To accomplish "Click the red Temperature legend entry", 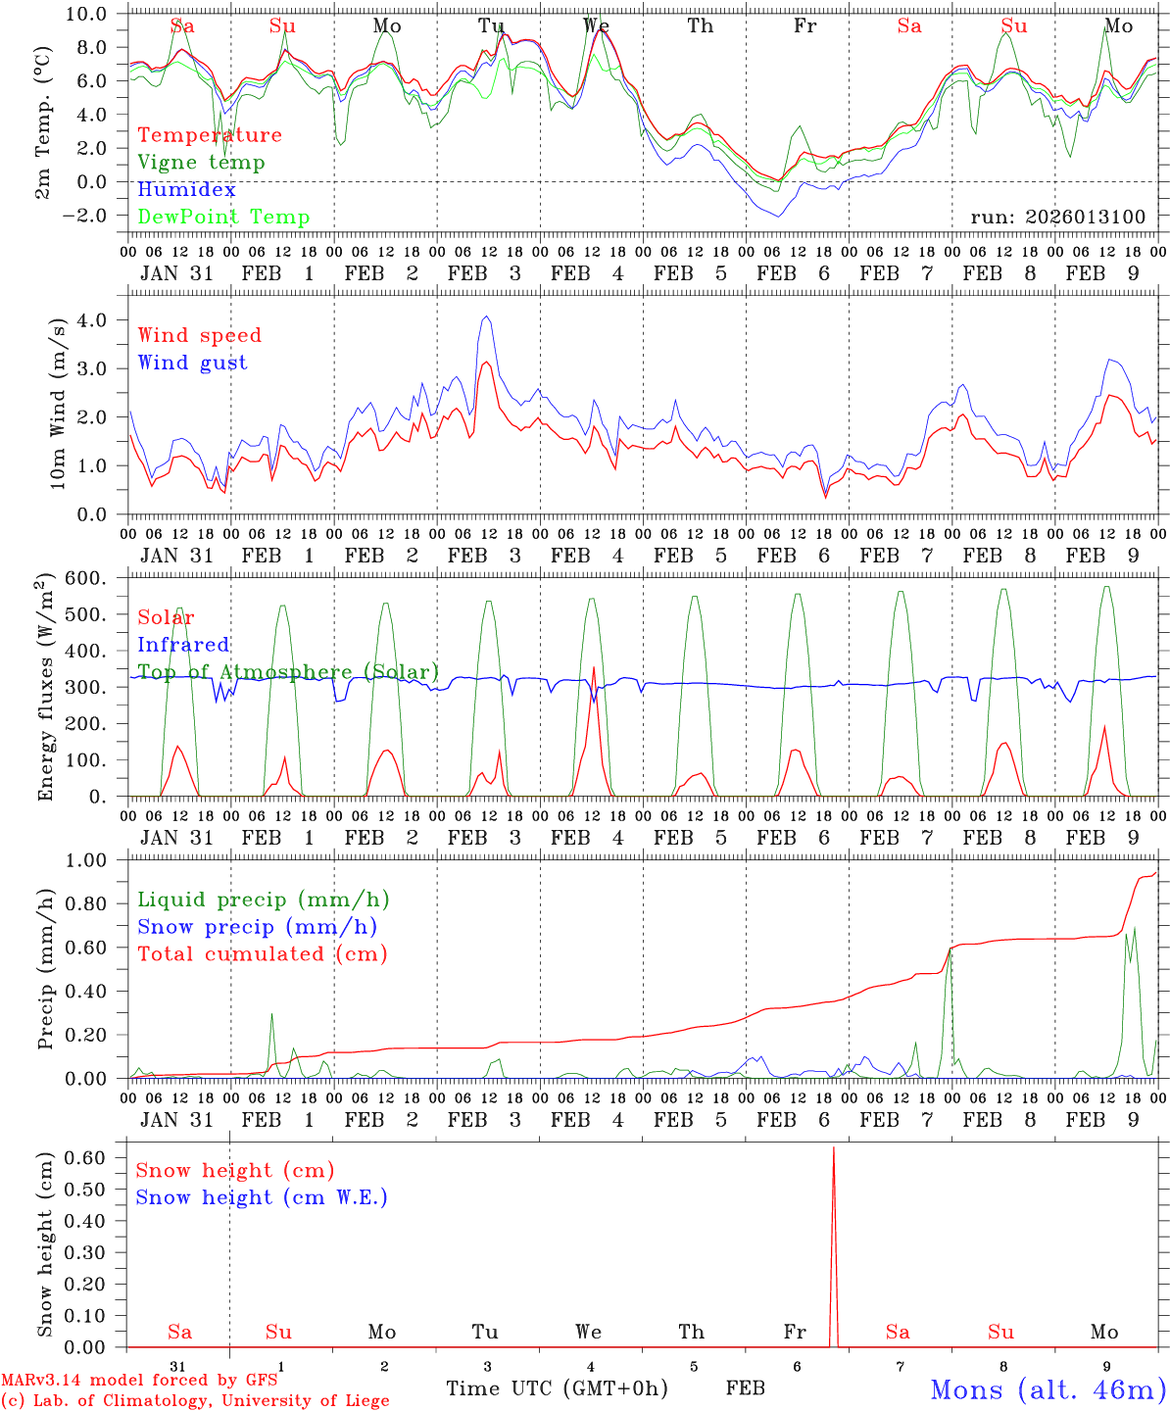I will pyautogui.click(x=210, y=135).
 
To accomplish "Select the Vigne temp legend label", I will pyautogui.click(x=201, y=163).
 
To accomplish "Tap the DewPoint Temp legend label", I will pyautogui.click(x=223, y=218).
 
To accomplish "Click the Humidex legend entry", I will pyautogui.click(x=186, y=190).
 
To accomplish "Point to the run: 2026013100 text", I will pyautogui.click(x=1057, y=217).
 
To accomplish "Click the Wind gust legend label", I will pyautogui.click(x=192, y=363).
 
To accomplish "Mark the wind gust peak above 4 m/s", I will pyautogui.click(x=486, y=317).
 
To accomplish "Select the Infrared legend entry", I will pyautogui.click(x=183, y=645).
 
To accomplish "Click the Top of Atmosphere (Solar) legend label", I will pyautogui.click(x=288, y=672).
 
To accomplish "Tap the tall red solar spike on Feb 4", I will pyautogui.click(x=594, y=668).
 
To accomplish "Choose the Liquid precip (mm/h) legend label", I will pyautogui.click(x=264, y=900).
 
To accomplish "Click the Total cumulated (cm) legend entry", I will pyautogui.click(x=262, y=953).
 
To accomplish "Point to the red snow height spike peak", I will pyautogui.click(x=833, y=1147).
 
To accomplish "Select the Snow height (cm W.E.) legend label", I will pyautogui.click(x=262, y=1197).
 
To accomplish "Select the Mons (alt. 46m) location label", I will pyautogui.click(x=1048, y=1389).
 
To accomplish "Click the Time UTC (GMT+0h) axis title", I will pyautogui.click(x=557, y=1388).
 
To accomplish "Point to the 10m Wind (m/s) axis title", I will pyautogui.click(x=58, y=403).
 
